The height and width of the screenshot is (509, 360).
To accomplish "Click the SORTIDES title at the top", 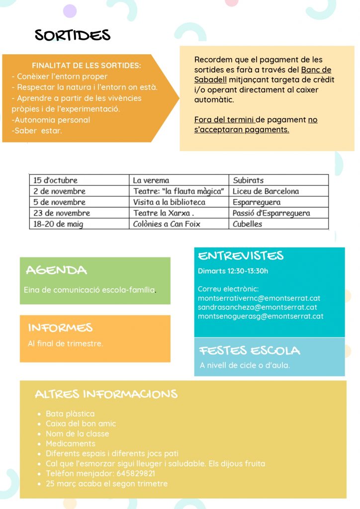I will click(73, 35).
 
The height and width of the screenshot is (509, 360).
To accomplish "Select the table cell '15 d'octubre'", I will click(56, 180).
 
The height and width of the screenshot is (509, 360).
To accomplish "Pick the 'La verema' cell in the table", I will click(151, 180).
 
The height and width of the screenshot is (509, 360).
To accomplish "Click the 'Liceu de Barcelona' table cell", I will click(266, 191).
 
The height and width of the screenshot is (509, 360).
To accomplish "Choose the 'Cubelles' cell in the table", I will click(247, 224).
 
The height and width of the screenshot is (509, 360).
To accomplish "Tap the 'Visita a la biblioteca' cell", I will click(169, 202).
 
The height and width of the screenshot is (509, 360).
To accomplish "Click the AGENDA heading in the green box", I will click(56, 270).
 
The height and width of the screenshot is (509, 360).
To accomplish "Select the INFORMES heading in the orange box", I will click(60, 328).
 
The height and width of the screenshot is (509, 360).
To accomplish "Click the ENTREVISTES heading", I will click(241, 256).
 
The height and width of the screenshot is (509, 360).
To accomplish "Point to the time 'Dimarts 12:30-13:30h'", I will click(233, 271).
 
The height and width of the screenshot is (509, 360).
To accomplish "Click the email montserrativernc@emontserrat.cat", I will click(259, 298).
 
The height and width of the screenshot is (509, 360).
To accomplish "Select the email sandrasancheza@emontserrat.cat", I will click(257, 307).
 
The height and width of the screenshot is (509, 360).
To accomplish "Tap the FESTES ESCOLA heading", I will click(250, 350).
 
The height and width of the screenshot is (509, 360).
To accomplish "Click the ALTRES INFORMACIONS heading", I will click(106, 394).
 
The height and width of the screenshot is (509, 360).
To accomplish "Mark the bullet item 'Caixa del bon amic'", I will click(81, 424).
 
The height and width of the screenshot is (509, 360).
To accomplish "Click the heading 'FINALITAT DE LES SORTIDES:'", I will click(86, 65).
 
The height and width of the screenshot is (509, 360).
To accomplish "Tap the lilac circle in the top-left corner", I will click(70, 10).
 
